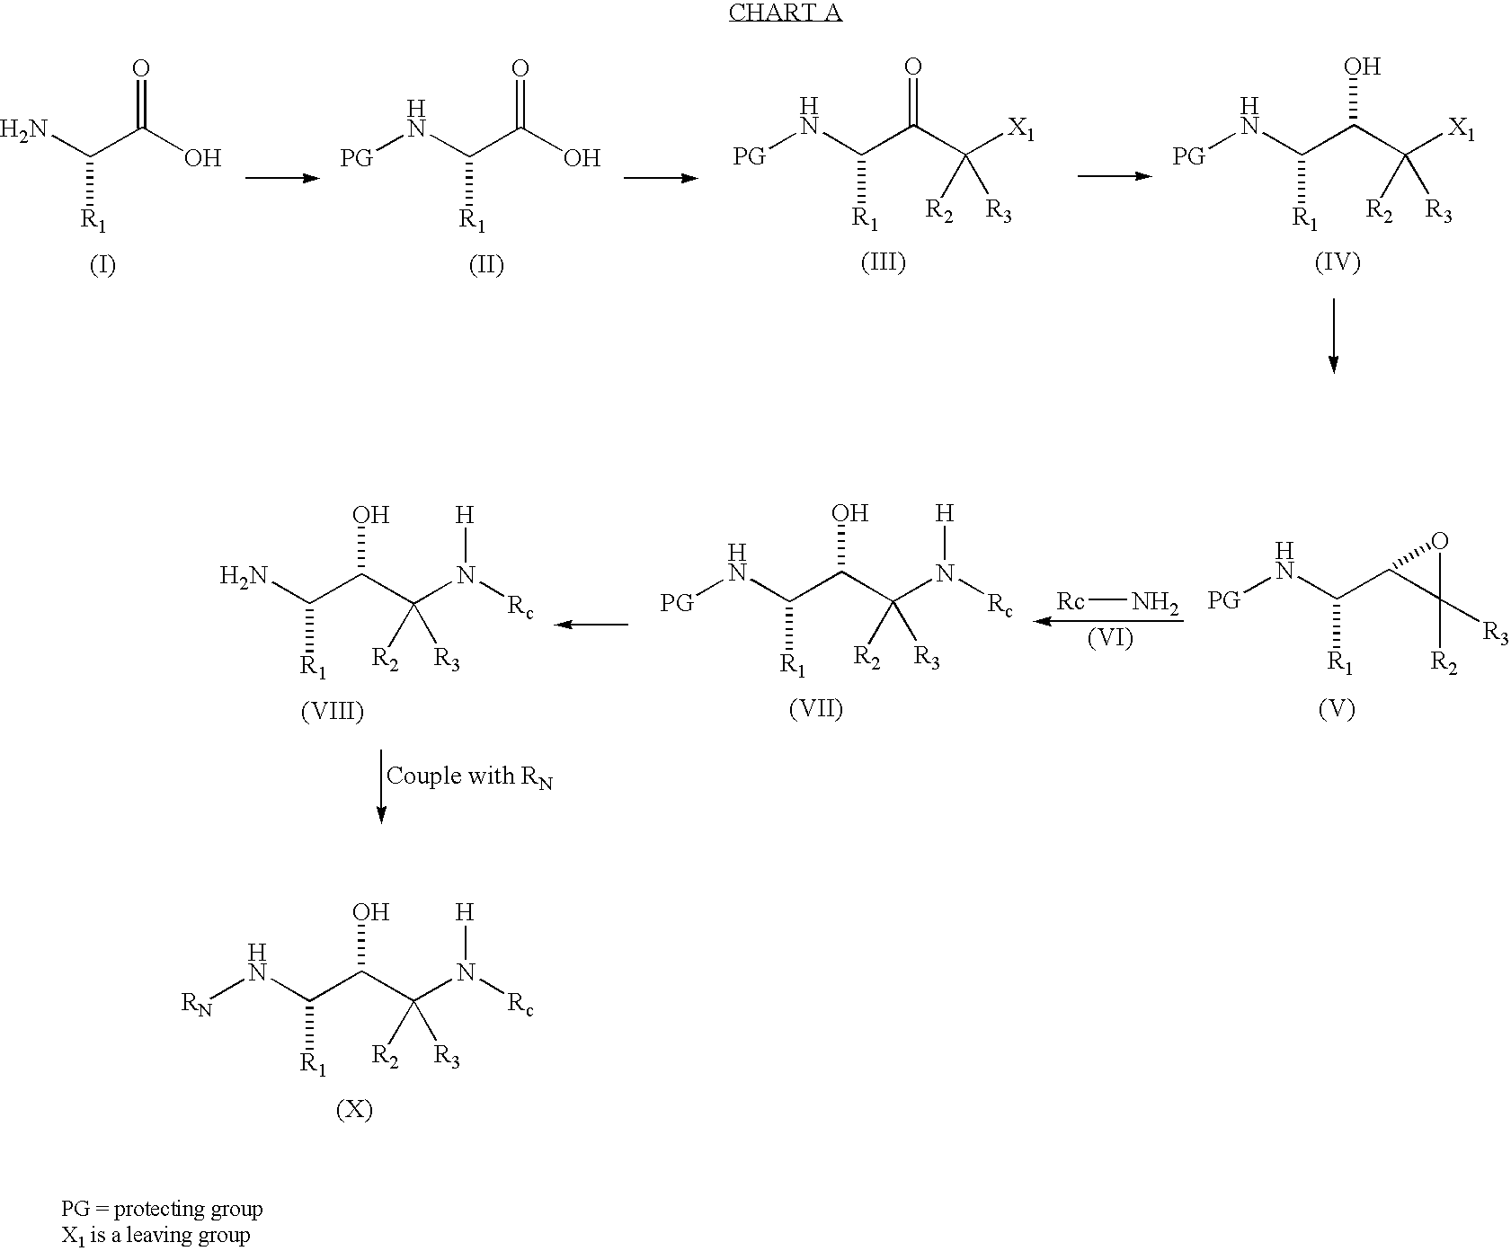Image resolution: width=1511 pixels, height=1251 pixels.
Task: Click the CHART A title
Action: pos(785,13)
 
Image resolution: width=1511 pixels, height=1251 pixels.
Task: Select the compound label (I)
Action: pos(102,266)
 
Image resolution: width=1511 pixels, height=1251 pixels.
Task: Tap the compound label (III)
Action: pos(883,262)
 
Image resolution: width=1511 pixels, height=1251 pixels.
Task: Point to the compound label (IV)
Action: pos(1337,262)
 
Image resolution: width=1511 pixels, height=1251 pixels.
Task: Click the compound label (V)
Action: pos(1337,709)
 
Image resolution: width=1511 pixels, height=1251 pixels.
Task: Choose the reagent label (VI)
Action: pos(1110,638)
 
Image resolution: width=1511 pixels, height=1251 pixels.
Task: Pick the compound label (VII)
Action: pos(816,709)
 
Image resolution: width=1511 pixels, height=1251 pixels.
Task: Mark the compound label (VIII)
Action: pos(333,712)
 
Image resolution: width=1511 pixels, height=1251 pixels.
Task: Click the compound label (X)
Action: pos(354,1111)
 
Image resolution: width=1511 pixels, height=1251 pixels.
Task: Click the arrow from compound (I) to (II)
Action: pos(282,178)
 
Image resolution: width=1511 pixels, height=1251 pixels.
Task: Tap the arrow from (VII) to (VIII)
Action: pos(591,624)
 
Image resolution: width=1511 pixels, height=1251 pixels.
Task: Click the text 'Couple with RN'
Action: pos(469,776)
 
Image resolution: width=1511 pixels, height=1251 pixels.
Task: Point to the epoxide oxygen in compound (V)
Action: pos(1440,541)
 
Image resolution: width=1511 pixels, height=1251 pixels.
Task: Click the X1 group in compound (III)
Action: pos(1019,129)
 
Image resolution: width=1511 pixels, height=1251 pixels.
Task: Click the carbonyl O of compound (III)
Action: pos(913,67)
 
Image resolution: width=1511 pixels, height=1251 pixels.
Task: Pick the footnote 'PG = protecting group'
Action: pos(162,1209)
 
